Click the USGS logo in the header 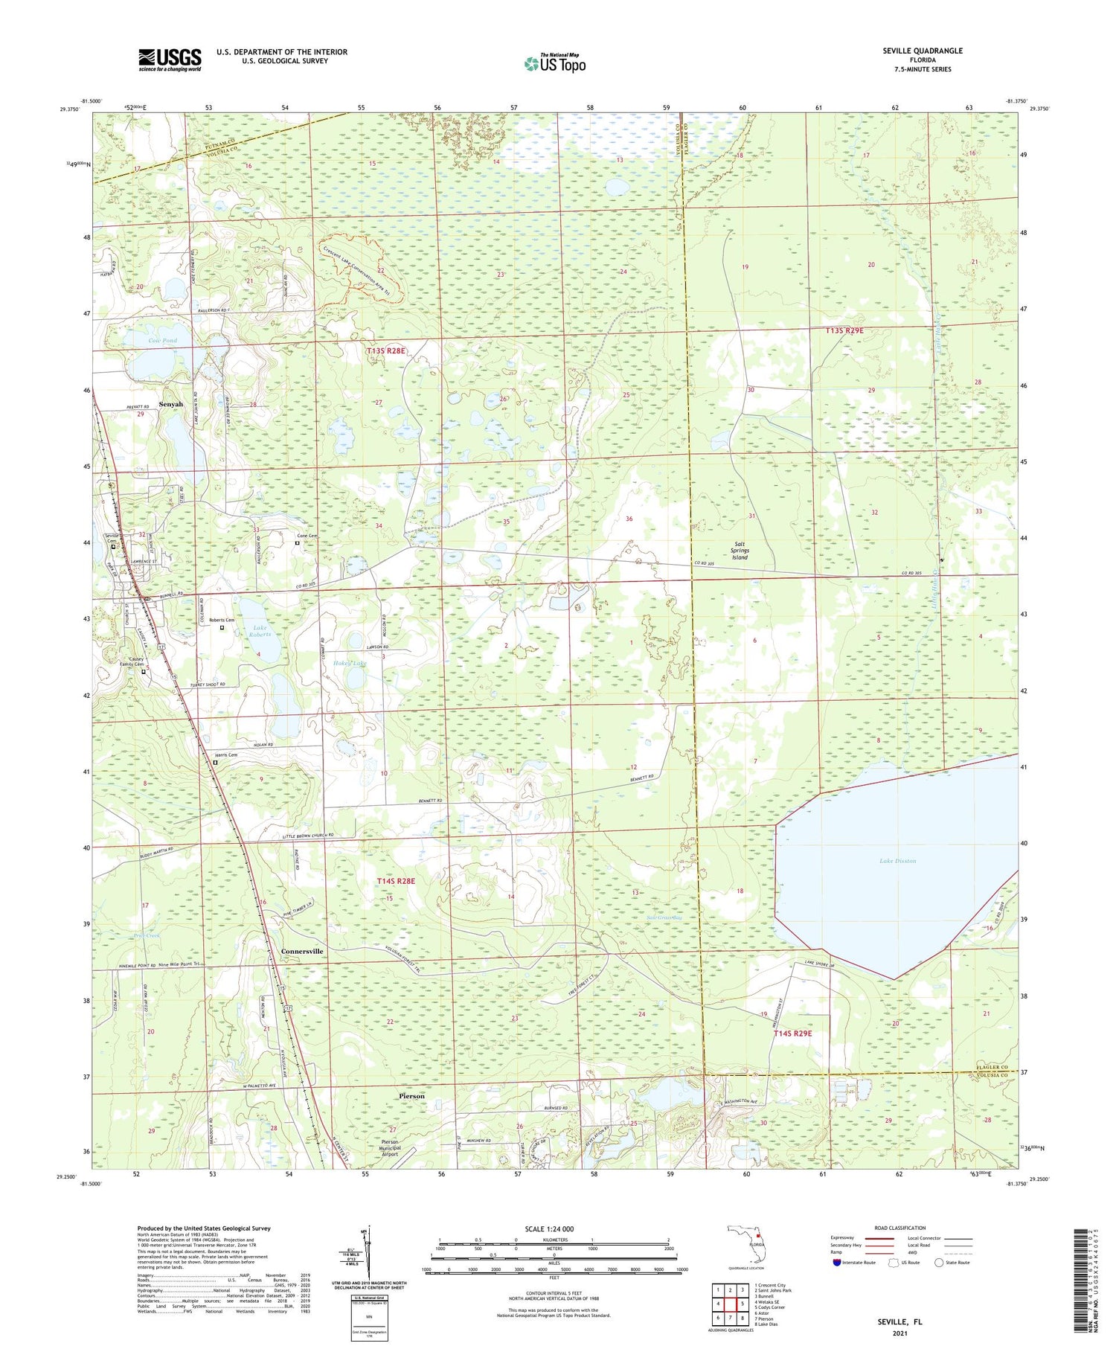(170, 60)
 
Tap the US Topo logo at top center (554, 63)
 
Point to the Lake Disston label (897, 861)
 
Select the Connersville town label (302, 951)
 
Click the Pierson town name (411, 1096)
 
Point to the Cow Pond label (162, 340)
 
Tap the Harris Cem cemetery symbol (215, 762)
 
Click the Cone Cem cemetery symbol (297, 543)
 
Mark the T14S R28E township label (395, 881)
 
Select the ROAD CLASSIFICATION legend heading (900, 1228)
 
